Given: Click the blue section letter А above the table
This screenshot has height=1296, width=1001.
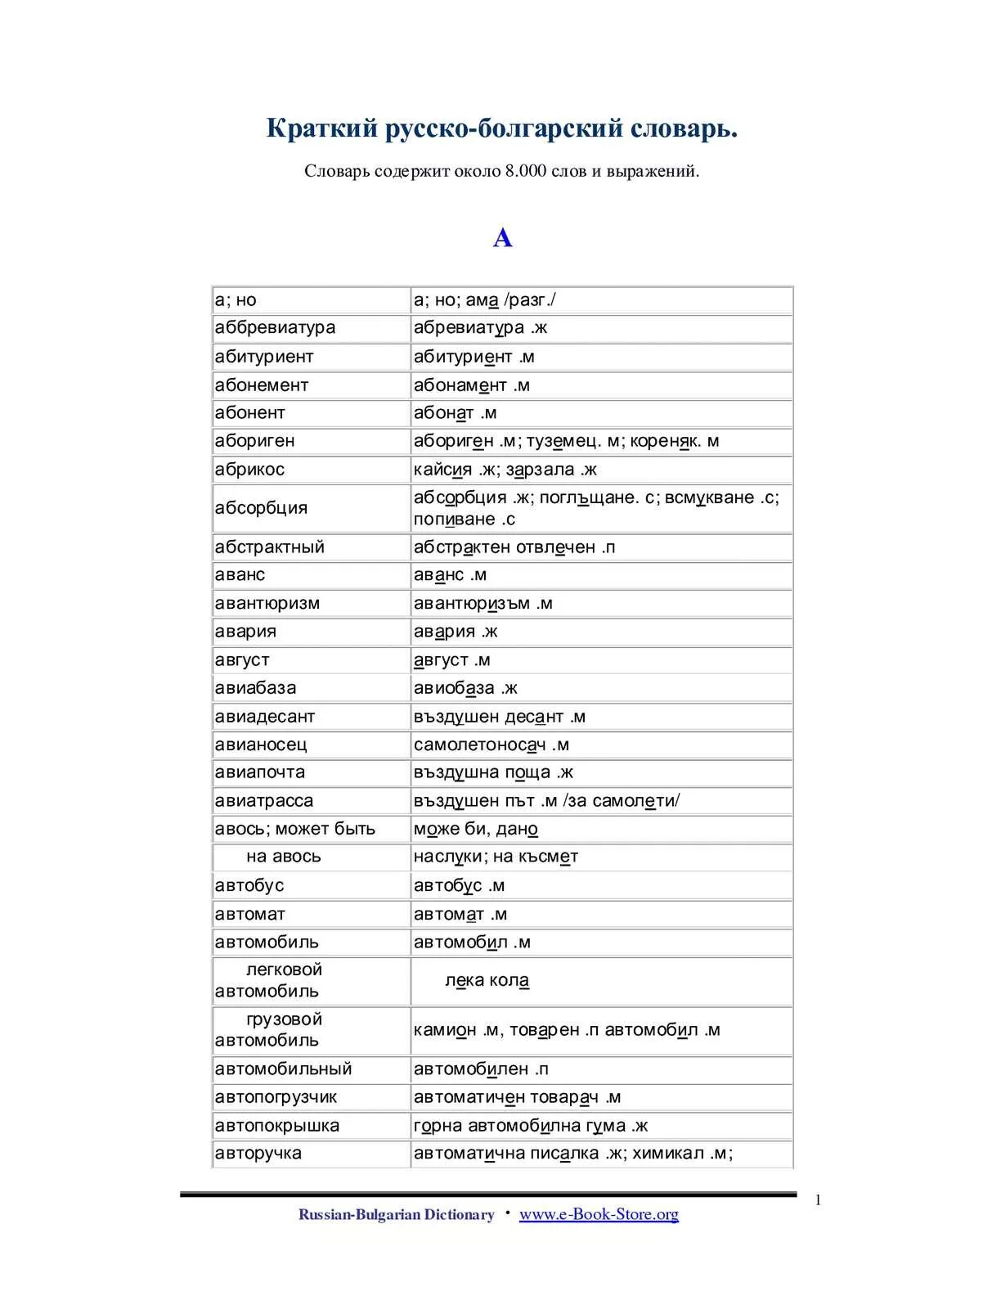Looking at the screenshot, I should (x=502, y=238).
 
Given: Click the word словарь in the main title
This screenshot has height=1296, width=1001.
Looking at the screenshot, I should (x=683, y=128).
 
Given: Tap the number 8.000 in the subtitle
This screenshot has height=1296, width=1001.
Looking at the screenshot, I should (x=525, y=171).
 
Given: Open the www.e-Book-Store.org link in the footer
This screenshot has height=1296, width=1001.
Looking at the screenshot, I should (x=599, y=1214).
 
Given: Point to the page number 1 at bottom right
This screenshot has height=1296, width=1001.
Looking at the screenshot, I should (x=818, y=1200).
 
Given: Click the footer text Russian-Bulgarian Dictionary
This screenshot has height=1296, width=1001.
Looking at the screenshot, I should (x=396, y=1215).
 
